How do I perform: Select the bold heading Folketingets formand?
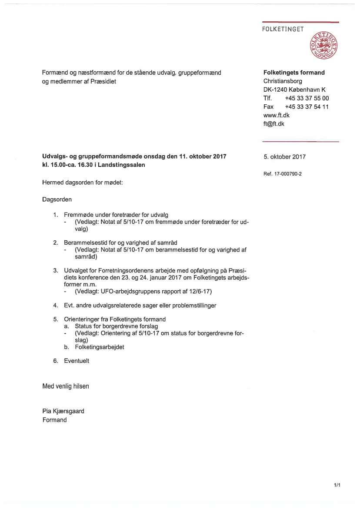pyautogui.click(x=294, y=73)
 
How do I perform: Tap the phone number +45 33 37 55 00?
pyautogui.click(x=307, y=98)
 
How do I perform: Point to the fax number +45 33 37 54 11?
pyautogui.click(x=307, y=107)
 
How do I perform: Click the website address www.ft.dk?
pyautogui.click(x=277, y=115)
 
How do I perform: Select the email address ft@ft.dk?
pyautogui.click(x=274, y=124)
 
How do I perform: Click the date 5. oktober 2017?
pyautogui.click(x=284, y=157)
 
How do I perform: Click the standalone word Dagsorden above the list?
pyautogui.click(x=57, y=199)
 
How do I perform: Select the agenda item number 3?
pyautogui.click(x=56, y=271)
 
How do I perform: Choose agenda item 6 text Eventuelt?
pyautogui.click(x=77, y=361)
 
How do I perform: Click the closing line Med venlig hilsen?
pyautogui.click(x=66, y=386)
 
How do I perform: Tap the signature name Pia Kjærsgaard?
pyautogui.click(x=63, y=411)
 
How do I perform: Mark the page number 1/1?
pyautogui.click(x=337, y=485)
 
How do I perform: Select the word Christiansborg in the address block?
pyautogui.click(x=283, y=81)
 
